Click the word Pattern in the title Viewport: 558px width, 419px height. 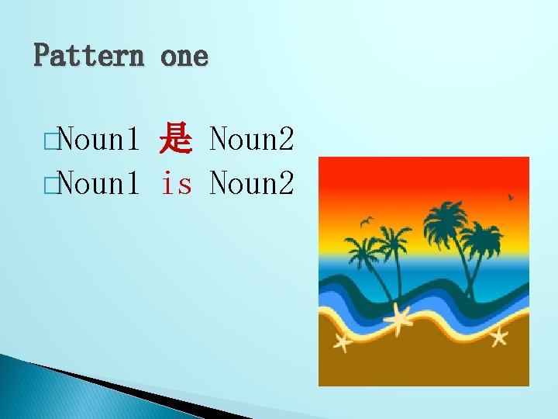(88, 56)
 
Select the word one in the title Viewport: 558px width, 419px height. (184, 56)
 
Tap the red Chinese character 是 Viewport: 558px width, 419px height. (175, 140)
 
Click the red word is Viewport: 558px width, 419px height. (176, 183)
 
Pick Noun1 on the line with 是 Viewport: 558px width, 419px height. (96, 140)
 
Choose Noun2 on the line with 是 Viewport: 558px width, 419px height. (252, 140)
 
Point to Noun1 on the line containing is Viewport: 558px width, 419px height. (96, 183)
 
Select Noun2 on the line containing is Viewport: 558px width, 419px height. (252, 183)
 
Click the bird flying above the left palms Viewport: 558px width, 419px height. (367, 221)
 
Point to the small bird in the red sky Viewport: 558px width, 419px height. (510, 197)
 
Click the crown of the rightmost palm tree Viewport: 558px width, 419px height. (482, 236)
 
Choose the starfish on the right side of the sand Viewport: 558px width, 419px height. (498, 335)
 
